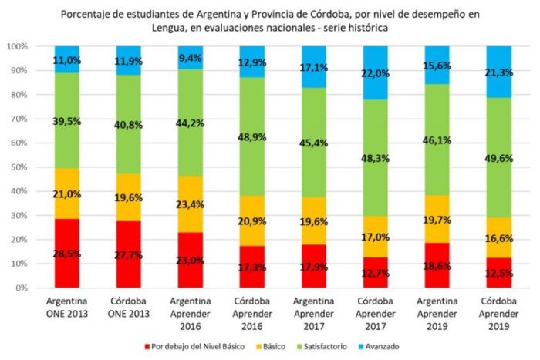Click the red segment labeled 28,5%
[68, 253]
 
